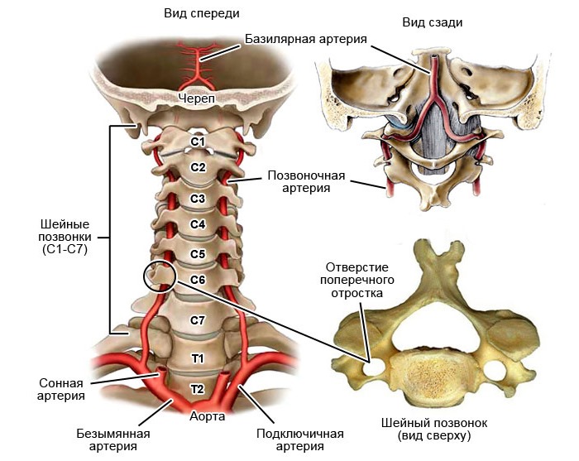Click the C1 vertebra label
198,142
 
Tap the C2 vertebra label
198,167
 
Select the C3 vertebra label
198,199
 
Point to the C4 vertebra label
198,224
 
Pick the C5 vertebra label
198,254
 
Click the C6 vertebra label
198,280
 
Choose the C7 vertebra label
198,319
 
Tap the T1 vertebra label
198,358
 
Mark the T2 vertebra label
198,388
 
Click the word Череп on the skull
197,99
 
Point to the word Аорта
207,416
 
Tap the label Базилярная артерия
306,38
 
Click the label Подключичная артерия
300,440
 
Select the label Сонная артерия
62,390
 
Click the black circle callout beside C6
160,276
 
